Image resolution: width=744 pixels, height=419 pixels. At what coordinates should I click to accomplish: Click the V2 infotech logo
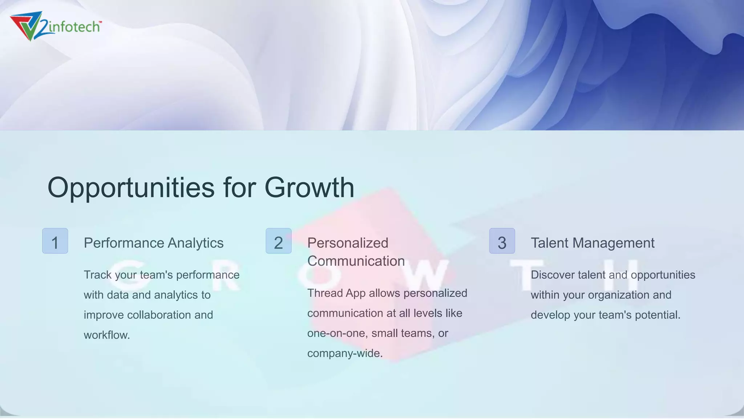pyautogui.click(x=55, y=26)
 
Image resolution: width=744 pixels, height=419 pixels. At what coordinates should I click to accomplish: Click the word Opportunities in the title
pyautogui.click(x=131, y=188)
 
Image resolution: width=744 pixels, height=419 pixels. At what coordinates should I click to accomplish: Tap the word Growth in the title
pyautogui.click(x=309, y=188)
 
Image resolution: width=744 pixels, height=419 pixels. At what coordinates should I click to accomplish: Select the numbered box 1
pyautogui.click(x=55, y=241)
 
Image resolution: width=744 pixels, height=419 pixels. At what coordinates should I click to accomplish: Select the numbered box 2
pyautogui.click(x=279, y=241)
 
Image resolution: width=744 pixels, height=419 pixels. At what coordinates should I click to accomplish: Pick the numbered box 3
pyautogui.click(x=502, y=241)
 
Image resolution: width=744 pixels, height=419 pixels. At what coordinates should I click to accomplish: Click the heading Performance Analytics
pyautogui.click(x=154, y=243)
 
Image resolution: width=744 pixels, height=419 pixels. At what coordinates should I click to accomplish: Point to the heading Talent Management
pyautogui.click(x=593, y=243)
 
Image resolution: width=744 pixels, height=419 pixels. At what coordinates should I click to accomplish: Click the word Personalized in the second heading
pyautogui.click(x=348, y=243)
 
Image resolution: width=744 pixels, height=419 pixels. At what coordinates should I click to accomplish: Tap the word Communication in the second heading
pyautogui.click(x=356, y=261)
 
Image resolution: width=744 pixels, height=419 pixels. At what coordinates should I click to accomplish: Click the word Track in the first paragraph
pyautogui.click(x=98, y=275)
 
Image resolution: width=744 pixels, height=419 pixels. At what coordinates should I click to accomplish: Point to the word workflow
pyautogui.click(x=107, y=335)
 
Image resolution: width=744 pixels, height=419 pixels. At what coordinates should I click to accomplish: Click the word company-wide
pyautogui.click(x=345, y=353)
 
